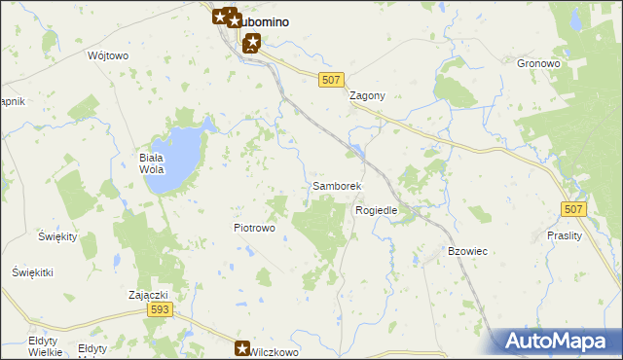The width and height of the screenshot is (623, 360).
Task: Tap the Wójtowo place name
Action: click(108, 55)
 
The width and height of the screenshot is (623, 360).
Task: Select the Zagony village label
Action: click(368, 96)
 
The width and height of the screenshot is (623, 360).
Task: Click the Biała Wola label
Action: click(154, 162)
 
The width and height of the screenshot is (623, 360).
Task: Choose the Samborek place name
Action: click(337, 185)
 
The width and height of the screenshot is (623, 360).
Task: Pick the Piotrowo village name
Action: click(255, 228)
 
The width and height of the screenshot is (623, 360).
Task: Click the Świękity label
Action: click(57, 236)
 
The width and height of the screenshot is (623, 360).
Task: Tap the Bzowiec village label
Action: click(467, 251)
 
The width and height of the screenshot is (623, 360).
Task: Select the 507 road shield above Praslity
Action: click(574, 208)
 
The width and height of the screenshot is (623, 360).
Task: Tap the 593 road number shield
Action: click(161, 309)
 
